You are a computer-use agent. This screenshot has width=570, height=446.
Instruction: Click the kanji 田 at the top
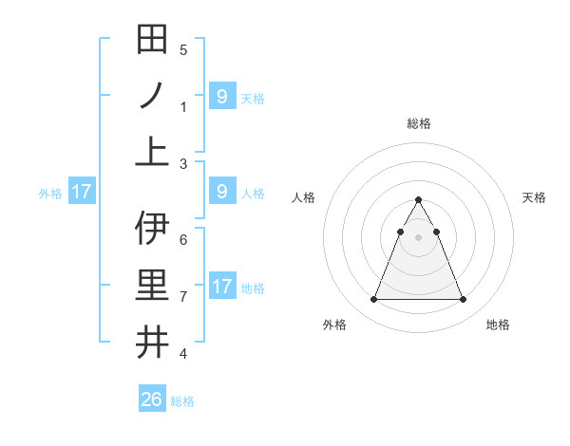[152, 40]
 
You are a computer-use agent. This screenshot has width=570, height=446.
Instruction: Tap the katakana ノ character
[152, 96]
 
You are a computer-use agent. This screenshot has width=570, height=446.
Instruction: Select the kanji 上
[152, 152]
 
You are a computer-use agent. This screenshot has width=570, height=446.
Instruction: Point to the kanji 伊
[152, 228]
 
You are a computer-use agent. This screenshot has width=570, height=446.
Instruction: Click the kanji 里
[152, 285]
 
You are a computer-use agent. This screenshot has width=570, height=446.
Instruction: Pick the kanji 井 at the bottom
[152, 342]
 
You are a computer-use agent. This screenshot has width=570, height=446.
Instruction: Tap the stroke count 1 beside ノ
[183, 107]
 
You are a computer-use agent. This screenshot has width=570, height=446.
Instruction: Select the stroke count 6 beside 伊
[183, 239]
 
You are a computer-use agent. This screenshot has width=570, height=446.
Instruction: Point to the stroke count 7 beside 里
[183, 296]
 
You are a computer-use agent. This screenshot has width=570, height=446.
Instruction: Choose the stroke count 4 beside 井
[183, 354]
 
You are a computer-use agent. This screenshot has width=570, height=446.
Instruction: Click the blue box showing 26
[152, 400]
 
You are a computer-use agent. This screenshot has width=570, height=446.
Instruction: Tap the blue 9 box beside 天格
[222, 97]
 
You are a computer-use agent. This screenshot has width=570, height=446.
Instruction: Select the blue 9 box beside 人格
[222, 193]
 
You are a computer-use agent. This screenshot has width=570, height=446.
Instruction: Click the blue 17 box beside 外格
[82, 193]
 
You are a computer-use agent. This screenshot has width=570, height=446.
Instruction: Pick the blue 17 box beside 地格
[222, 287]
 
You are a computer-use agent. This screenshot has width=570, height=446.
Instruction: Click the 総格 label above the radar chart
[418, 123]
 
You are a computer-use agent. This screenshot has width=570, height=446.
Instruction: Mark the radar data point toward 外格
[373, 300]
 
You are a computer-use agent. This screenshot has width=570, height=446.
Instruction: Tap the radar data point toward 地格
[463, 300]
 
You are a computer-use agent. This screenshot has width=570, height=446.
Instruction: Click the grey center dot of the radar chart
[418, 238]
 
